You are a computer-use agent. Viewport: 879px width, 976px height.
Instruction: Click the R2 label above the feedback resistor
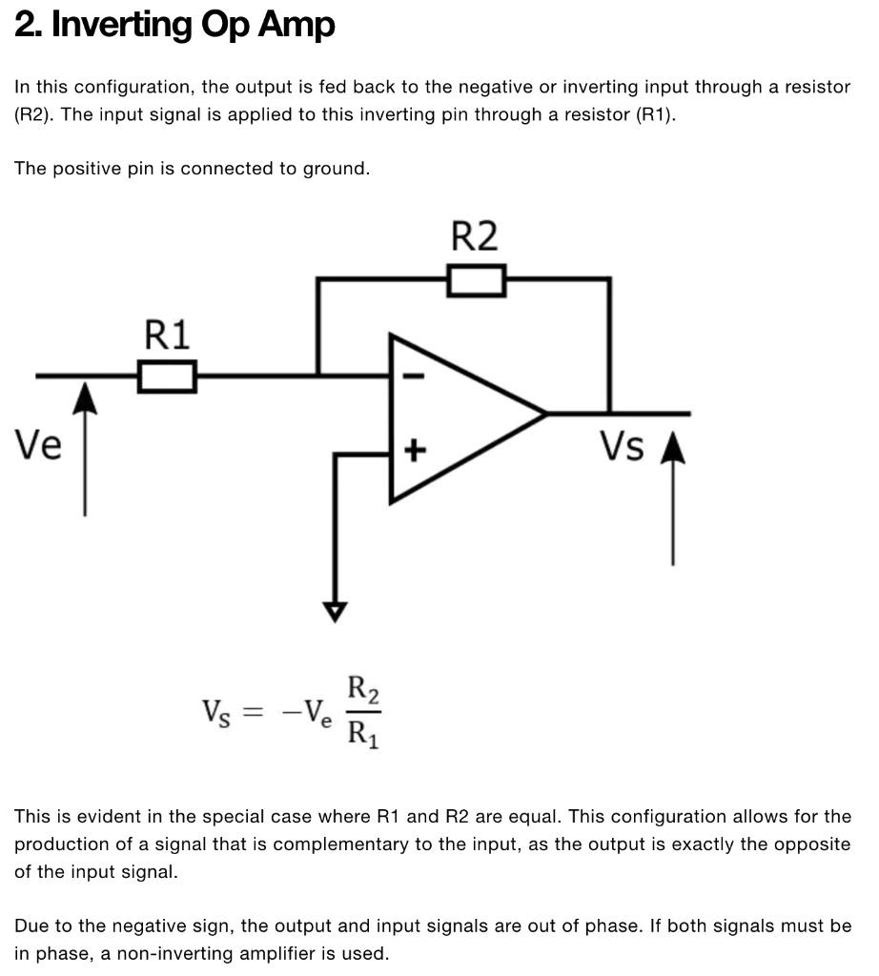(x=474, y=236)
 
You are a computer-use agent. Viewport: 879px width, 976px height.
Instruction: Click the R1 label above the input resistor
(x=167, y=335)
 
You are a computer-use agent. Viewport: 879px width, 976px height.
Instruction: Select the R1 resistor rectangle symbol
(x=168, y=376)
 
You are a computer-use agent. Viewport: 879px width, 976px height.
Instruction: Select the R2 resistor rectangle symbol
(x=475, y=280)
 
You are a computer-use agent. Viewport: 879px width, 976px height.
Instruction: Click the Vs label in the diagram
(x=622, y=445)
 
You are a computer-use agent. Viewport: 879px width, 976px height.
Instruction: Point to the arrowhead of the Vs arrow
(x=673, y=448)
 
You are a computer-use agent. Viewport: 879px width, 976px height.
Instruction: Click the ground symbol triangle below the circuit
(x=335, y=610)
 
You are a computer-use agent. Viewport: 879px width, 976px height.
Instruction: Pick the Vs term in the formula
(x=215, y=713)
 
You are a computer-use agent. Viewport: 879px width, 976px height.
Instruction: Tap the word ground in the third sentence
(x=334, y=169)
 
